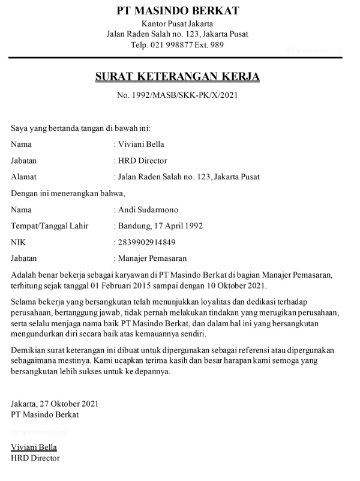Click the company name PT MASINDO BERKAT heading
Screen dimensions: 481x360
[x=178, y=11]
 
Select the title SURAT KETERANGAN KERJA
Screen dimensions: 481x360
[x=178, y=77]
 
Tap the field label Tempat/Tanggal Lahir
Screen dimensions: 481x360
[x=50, y=226]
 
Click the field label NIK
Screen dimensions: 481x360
[x=19, y=242]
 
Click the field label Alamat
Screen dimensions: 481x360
[x=24, y=177]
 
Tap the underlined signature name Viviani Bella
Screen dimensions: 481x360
[x=34, y=447]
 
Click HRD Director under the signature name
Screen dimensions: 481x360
[x=35, y=458]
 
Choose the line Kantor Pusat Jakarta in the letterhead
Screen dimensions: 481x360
[x=178, y=23]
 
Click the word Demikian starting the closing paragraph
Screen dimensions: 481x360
[x=29, y=349]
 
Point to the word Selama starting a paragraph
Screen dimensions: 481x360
[x=25, y=301]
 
